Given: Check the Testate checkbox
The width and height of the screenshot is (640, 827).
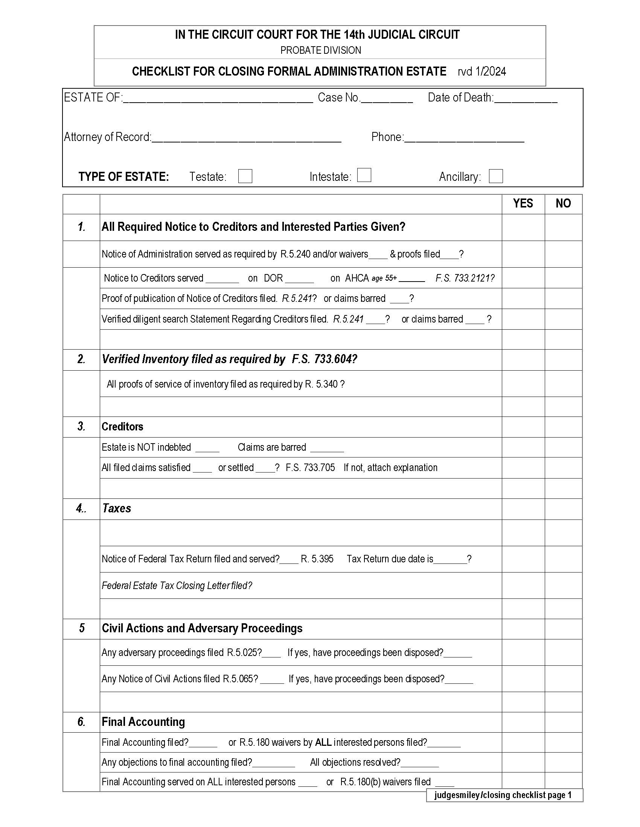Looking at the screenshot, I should click(245, 176).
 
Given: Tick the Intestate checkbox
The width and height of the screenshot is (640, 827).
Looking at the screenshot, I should click(364, 175).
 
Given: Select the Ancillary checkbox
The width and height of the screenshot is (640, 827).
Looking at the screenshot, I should click(495, 176).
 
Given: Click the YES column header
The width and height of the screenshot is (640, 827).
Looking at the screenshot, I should click(523, 204).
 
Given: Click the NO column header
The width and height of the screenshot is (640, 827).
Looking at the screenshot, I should click(563, 204).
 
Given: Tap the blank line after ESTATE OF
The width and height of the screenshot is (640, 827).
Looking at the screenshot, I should click(218, 99).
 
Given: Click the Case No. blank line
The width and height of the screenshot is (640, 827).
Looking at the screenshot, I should click(387, 99).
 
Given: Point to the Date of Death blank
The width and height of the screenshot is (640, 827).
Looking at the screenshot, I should click(526, 99).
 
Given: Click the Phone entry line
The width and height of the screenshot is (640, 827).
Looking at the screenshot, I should click(464, 139).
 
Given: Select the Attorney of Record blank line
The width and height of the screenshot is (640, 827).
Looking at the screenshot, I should click(247, 139).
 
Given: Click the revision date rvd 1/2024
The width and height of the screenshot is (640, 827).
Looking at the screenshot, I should click(482, 71).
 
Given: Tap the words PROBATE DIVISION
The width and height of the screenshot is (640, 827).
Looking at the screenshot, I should click(320, 50).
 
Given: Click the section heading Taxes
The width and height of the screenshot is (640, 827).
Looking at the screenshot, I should click(117, 508).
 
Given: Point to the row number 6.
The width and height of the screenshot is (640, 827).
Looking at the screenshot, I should click(81, 722).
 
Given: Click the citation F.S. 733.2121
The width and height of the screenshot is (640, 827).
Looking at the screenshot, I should click(465, 278).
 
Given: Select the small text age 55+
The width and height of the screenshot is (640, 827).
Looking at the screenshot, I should click(384, 278).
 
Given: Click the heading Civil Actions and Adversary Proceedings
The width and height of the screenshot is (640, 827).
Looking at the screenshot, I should click(202, 628).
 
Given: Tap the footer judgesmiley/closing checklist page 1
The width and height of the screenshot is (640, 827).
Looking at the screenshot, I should click(503, 795).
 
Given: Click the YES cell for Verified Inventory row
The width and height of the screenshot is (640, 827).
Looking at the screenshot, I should click(523, 359).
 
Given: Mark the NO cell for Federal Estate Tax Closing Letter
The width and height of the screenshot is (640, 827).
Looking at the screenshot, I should click(563, 585).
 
